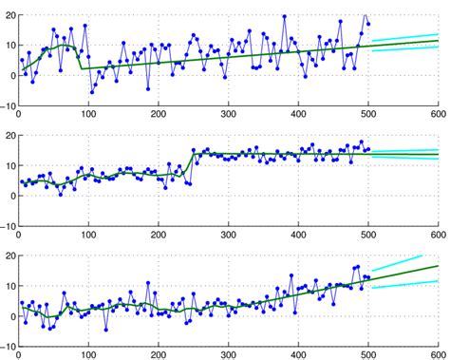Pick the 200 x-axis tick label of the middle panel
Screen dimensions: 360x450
(x=158, y=237)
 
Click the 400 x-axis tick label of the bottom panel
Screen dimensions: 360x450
(x=298, y=355)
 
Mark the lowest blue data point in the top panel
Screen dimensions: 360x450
(x=92, y=92)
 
